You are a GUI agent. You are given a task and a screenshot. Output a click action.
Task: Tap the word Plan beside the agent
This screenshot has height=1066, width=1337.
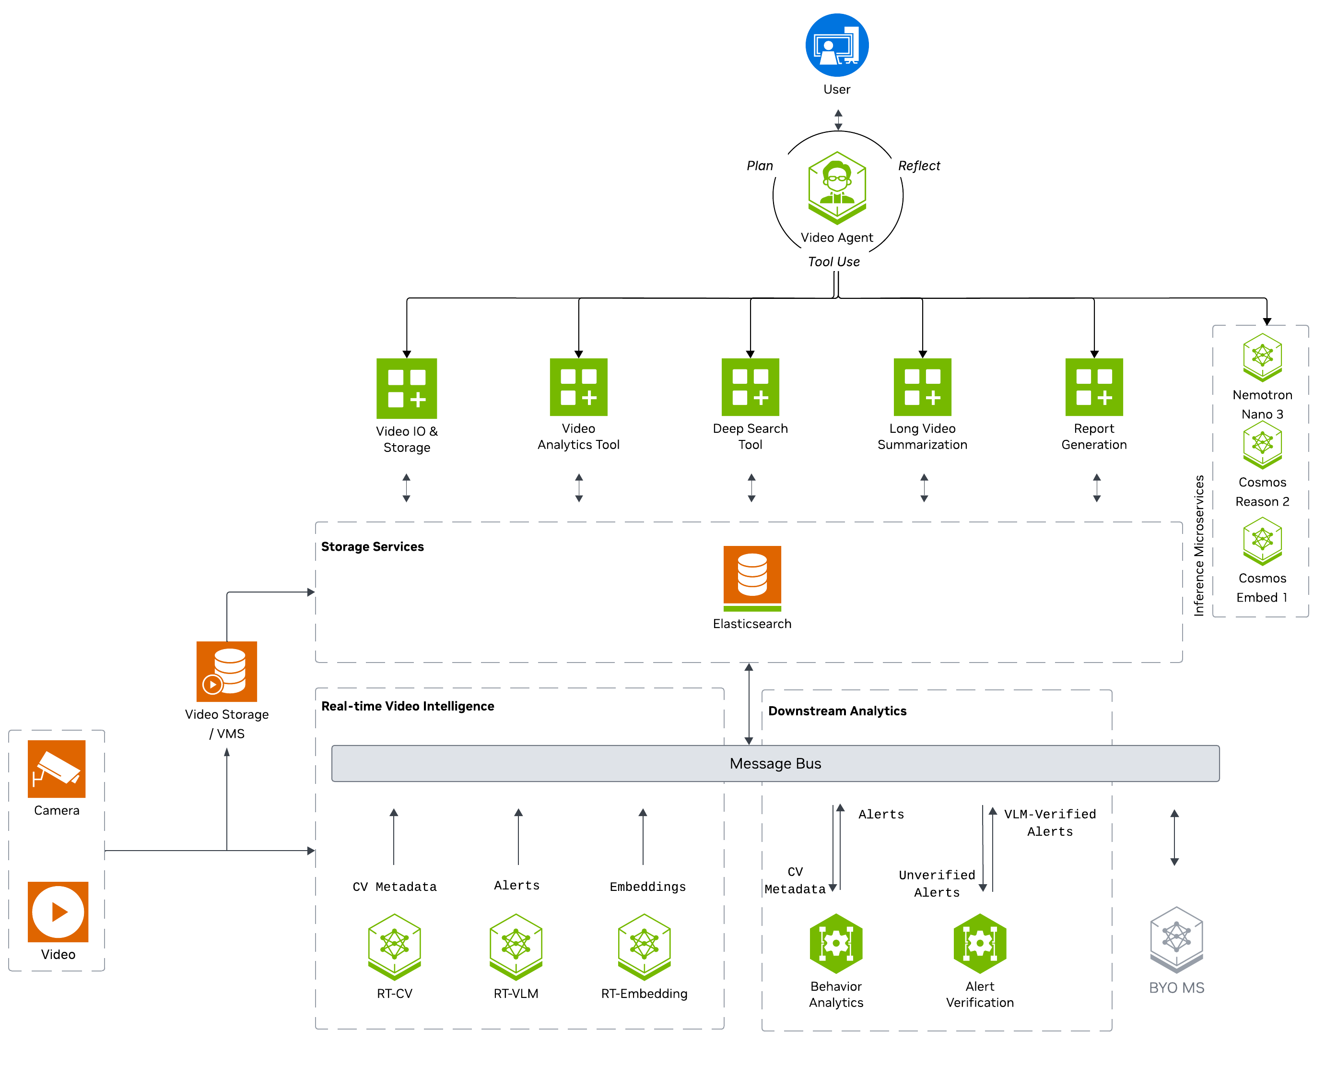click(760, 166)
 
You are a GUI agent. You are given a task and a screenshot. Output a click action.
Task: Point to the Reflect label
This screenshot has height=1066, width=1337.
click(919, 166)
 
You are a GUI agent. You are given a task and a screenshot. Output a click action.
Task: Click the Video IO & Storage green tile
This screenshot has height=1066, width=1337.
click(407, 389)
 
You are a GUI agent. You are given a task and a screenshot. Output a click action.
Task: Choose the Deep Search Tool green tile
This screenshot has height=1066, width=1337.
click(751, 387)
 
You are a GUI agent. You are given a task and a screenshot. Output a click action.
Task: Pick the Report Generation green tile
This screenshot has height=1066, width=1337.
click(1094, 387)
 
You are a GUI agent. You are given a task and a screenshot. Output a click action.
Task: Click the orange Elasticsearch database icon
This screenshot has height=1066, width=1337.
click(752, 578)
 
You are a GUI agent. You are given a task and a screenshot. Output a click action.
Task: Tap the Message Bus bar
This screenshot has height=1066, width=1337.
click(775, 763)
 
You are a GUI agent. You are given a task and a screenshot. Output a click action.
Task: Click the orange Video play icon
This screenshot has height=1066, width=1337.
click(59, 912)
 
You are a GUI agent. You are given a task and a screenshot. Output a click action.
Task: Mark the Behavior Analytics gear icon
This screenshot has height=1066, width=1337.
click(836, 943)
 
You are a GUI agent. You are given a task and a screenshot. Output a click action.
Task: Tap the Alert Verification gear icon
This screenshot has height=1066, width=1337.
click(980, 943)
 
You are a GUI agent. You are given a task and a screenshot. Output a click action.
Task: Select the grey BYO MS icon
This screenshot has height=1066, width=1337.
click(1176, 939)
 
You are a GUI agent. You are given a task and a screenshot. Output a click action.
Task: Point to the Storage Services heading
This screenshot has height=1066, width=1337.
click(373, 546)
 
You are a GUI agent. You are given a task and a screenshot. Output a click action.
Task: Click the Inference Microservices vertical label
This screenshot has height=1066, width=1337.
click(1199, 545)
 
